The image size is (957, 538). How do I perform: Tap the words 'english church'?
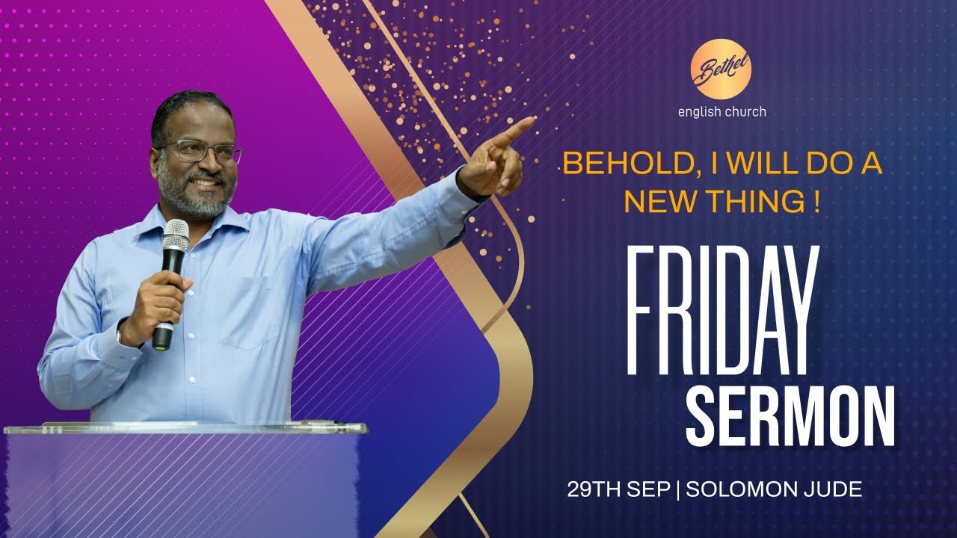(721, 113)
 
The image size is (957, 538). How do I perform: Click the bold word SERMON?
(790, 416)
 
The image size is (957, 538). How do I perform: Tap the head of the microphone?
(176, 235)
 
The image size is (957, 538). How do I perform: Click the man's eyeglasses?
(202, 152)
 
